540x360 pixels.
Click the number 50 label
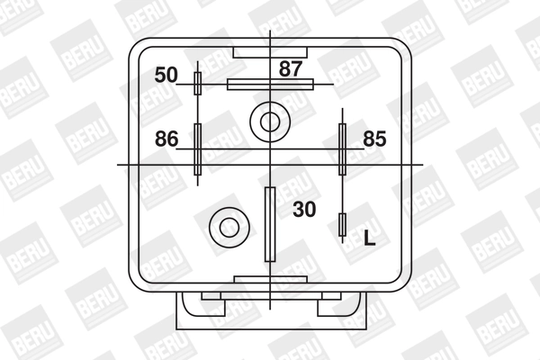click(166, 75)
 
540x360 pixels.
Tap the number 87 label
click(291, 67)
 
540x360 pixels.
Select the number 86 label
click(166, 139)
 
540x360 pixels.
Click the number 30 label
click(305, 209)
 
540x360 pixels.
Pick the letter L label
click(369, 238)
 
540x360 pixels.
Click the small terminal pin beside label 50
click(198, 84)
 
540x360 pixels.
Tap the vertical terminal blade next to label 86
click(198, 149)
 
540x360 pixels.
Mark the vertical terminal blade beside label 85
click(342, 149)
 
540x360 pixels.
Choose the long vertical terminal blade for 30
click(269, 223)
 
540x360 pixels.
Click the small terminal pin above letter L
click(342, 225)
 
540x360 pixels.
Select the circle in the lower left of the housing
click(225, 225)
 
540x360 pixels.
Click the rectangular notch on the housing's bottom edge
click(268, 280)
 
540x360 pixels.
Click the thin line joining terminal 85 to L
click(342, 193)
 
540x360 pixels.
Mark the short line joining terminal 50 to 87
click(214, 85)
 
